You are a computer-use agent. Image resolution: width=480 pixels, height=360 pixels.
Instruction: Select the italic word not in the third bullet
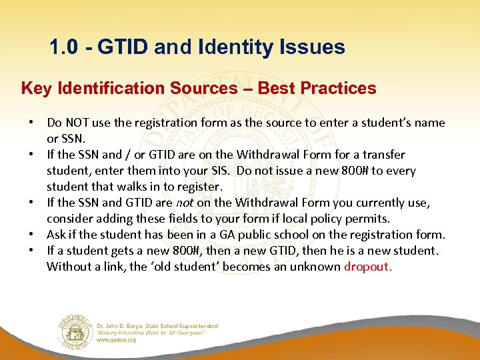[x=185, y=203]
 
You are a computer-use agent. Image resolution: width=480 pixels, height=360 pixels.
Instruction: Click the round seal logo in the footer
[x=74, y=329]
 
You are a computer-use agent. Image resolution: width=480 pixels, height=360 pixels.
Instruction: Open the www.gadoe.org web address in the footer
[x=117, y=339]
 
